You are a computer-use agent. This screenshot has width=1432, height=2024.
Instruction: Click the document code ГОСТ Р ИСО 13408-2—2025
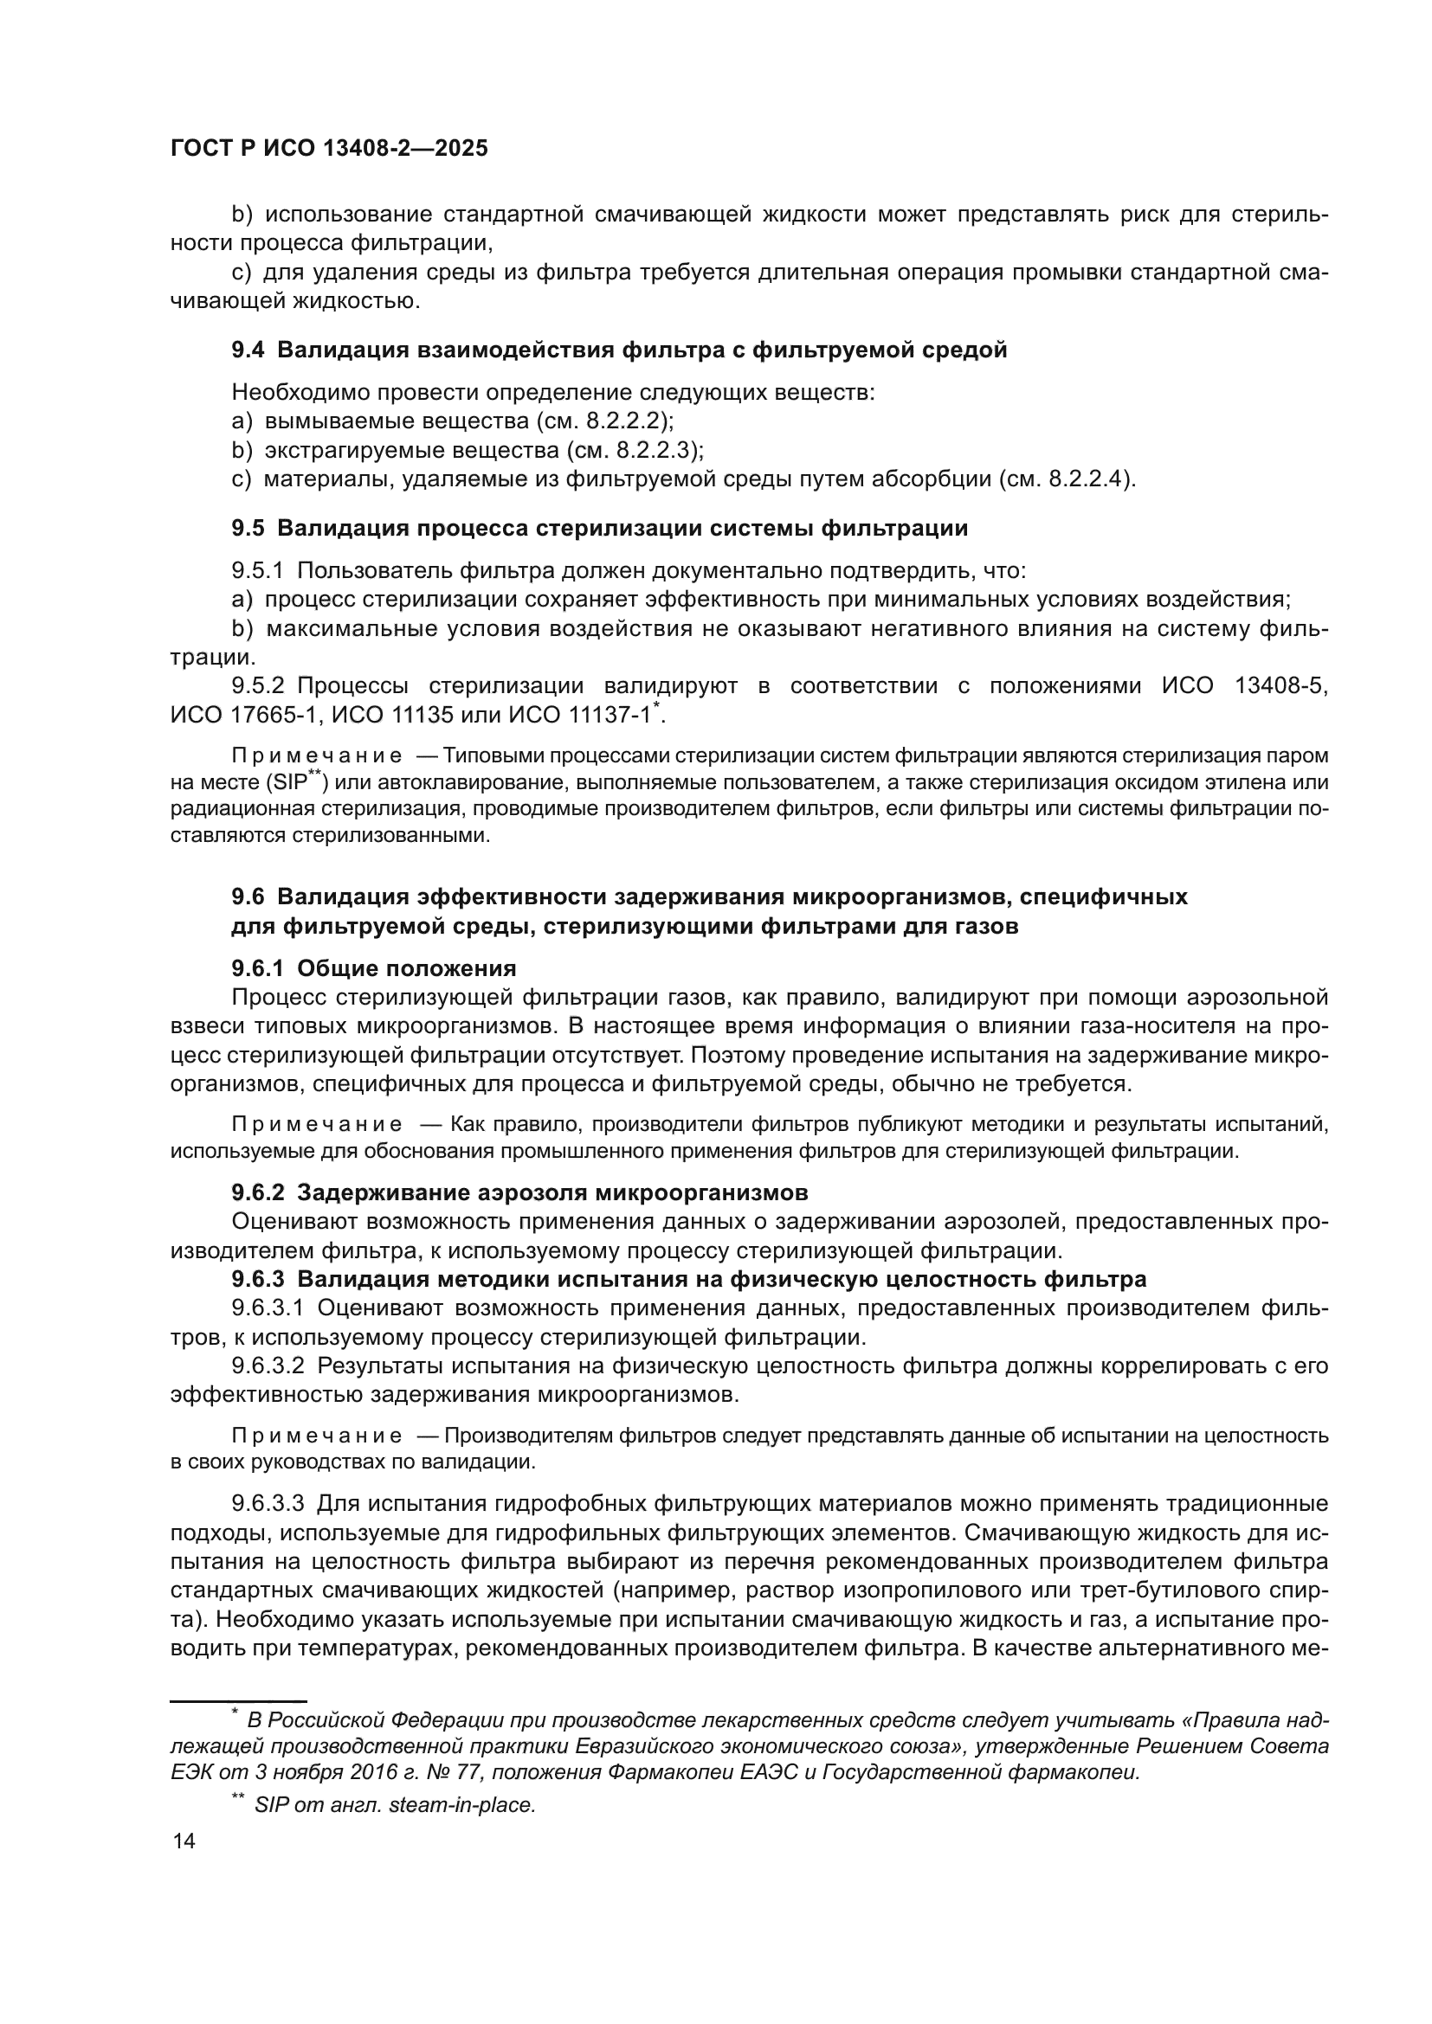328,148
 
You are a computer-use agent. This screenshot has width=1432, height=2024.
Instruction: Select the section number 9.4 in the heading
247,350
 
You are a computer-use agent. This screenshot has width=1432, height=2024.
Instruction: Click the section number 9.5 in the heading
247,528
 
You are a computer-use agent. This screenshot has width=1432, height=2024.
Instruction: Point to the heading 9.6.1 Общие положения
373,968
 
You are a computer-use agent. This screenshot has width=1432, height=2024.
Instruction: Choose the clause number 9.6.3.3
268,1503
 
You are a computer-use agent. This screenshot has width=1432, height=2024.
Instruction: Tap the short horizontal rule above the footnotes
237,1700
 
